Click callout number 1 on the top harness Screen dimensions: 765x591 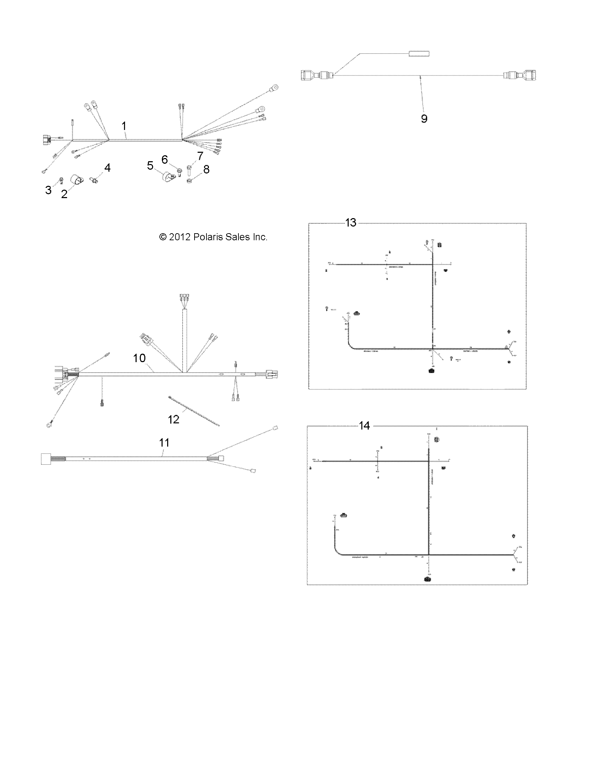(x=124, y=126)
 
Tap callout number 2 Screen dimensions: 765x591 (x=64, y=194)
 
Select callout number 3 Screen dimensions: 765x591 (x=48, y=190)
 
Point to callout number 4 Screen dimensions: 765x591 (x=107, y=168)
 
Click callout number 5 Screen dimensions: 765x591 (x=150, y=165)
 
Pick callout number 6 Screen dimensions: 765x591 (x=165, y=159)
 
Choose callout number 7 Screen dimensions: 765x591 (x=200, y=156)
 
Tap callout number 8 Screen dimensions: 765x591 (x=206, y=169)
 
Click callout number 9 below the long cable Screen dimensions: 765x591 (x=424, y=119)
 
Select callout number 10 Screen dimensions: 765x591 (x=139, y=358)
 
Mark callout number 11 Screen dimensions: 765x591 (x=164, y=443)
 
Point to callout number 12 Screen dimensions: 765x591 (x=173, y=419)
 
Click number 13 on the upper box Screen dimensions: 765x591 (x=351, y=223)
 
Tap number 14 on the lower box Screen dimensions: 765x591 (x=365, y=426)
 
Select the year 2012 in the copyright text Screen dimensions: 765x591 (x=179, y=237)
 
